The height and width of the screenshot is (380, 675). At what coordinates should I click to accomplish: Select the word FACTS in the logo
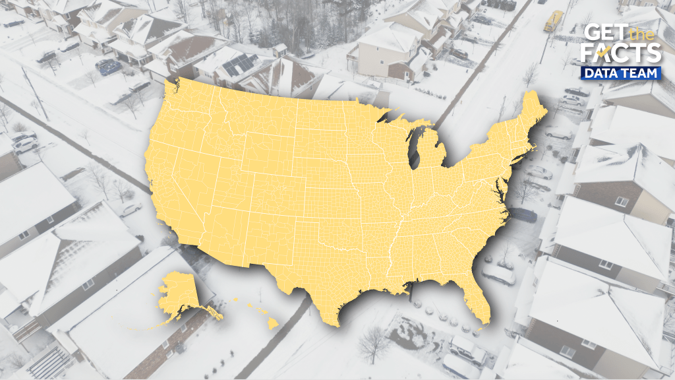tap(622, 53)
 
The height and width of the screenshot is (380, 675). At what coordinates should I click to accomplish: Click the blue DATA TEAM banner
tap(622, 73)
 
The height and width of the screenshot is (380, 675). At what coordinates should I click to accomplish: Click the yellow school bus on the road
tap(553, 20)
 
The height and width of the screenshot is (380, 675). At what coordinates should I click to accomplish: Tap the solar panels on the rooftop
tap(240, 65)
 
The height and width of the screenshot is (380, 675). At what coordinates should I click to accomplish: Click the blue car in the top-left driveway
tap(107, 67)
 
